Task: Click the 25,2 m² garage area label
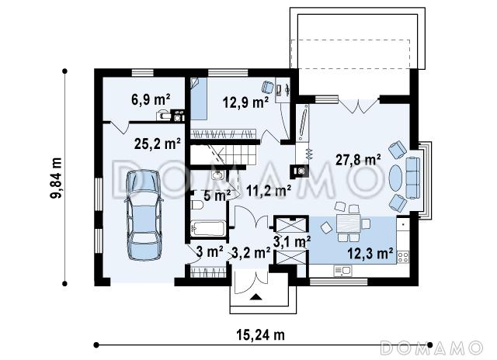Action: [158, 144]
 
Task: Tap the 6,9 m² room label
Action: [151, 99]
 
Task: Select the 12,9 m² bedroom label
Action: [246, 102]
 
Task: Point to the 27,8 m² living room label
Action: [358, 160]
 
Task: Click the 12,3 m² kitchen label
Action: [370, 253]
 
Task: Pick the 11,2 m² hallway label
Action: [269, 191]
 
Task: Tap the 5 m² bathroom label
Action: [217, 196]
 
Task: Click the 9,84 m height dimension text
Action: [56, 178]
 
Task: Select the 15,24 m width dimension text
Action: [261, 334]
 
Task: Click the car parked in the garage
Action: [144, 216]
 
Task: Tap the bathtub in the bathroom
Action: [208, 228]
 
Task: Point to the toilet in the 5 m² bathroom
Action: [196, 205]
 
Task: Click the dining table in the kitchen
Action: [349, 224]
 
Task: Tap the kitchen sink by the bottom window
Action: [342, 271]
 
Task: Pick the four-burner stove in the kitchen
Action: [403, 257]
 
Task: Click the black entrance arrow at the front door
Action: [256, 297]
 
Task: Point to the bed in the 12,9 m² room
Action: [199, 99]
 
